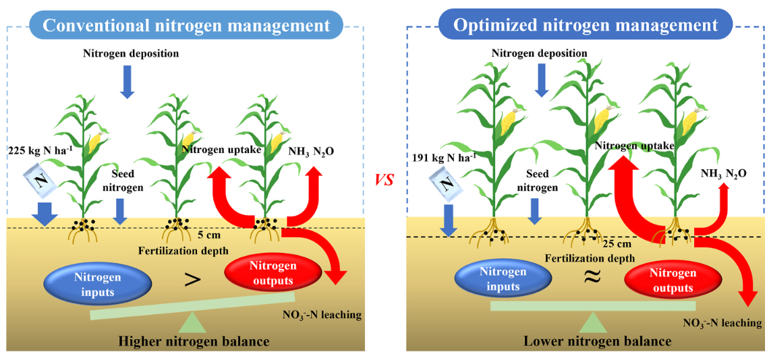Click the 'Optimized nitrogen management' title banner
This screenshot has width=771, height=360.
(585, 26)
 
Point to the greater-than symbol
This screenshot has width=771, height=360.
(192, 280)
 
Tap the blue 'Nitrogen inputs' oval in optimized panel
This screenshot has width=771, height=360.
(500, 280)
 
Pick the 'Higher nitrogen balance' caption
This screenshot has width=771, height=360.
(194, 341)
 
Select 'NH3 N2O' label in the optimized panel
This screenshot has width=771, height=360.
(722, 173)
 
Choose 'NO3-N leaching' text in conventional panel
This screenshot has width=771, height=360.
(322, 314)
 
